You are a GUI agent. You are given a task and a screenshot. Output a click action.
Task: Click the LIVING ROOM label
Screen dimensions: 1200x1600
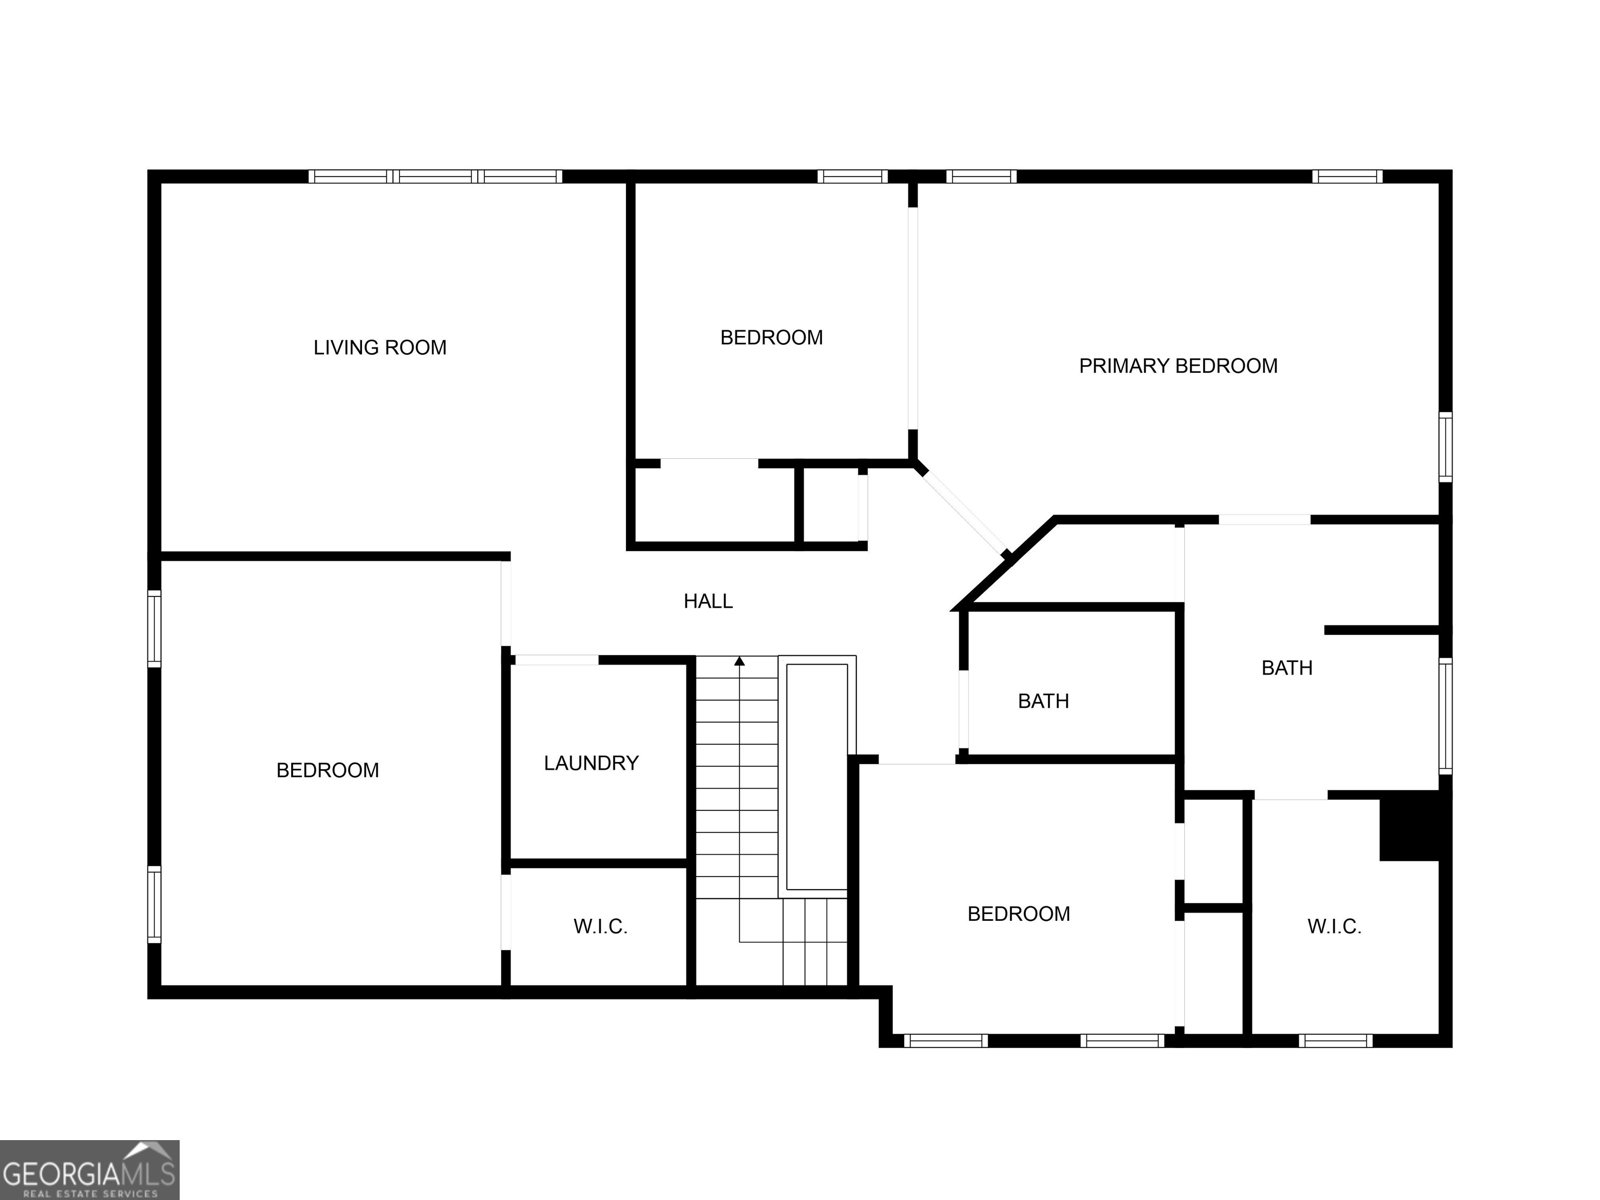(x=380, y=348)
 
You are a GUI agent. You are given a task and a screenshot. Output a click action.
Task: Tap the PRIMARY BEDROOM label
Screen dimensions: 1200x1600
(x=1178, y=366)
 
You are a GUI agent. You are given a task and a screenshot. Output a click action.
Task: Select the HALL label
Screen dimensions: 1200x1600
(x=708, y=601)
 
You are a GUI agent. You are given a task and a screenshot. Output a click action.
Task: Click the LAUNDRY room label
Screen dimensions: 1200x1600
(x=591, y=763)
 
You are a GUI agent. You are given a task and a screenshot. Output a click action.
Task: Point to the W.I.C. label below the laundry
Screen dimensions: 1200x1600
(x=600, y=927)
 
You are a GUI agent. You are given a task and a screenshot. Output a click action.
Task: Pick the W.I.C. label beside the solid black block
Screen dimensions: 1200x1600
(x=1334, y=927)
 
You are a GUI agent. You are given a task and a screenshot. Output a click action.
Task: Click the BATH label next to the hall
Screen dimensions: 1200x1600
(x=1043, y=701)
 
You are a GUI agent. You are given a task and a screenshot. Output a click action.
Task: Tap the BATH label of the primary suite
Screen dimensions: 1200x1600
(x=1286, y=668)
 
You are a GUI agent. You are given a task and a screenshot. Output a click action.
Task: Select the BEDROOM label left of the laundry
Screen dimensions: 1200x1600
(x=327, y=770)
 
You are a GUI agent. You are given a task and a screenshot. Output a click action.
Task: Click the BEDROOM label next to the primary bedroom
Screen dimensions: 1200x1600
(x=771, y=338)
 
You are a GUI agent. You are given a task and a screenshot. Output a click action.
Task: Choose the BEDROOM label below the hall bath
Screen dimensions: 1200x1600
(x=1018, y=914)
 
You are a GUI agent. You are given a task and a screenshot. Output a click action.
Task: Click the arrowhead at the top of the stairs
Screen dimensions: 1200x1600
(x=739, y=661)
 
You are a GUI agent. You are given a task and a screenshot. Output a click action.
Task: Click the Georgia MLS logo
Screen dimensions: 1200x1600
(x=89, y=1169)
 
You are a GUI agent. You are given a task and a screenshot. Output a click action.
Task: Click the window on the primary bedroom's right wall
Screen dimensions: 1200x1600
(x=1445, y=446)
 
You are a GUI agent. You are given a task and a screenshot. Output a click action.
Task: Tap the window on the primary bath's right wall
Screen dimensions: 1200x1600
(x=1445, y=715)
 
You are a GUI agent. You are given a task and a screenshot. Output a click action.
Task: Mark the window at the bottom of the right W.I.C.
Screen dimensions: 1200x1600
(x=1335, y=1041)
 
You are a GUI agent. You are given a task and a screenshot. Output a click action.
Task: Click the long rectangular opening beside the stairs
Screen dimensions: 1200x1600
(x=817, y=776)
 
